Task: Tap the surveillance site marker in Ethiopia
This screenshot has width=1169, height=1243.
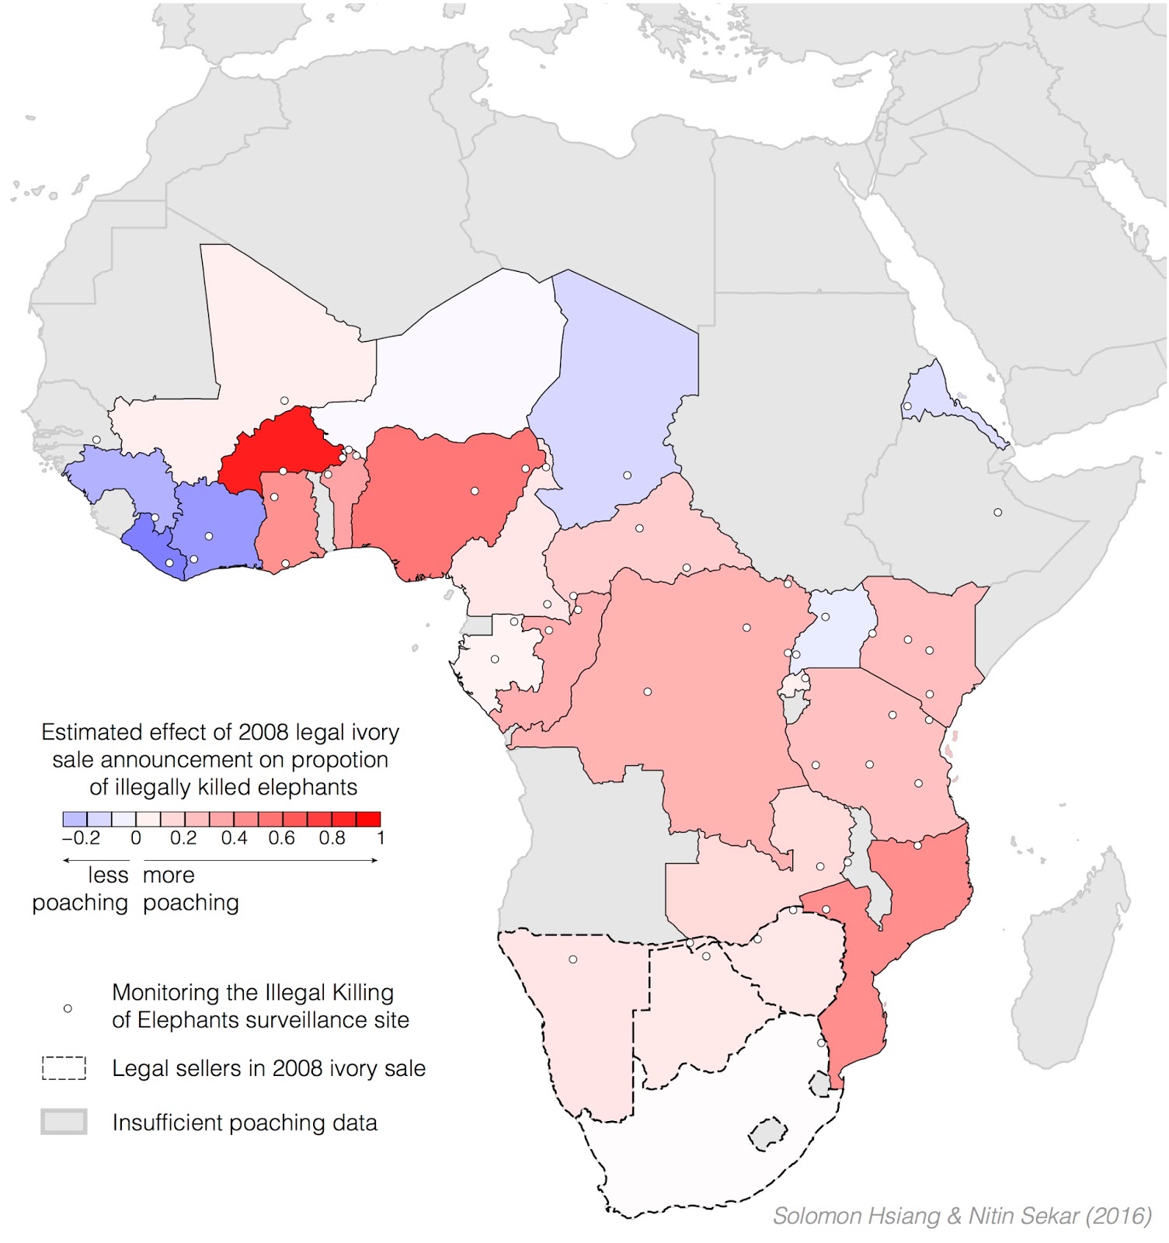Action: pos(997,512)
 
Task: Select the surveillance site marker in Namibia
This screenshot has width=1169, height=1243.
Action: pos(572,959)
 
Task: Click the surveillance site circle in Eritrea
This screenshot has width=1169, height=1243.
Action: pos(906,406)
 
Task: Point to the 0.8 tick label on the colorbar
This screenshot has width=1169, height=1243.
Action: pos(332,838)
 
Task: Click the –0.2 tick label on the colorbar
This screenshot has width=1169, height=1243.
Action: pos(81,838)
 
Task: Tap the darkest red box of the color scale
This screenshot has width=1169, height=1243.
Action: pos(368,819)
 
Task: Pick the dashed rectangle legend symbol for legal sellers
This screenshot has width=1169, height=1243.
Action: pos(64,1068)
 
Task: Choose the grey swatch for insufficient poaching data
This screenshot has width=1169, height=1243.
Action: pos(64,1122)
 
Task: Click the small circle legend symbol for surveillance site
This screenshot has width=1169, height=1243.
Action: pos(68,1008)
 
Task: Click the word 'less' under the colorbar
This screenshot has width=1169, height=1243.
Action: pos(108,876)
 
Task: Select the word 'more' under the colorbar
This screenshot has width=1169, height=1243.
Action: pos(169,876)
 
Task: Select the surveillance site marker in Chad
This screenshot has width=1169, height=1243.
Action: pos(627,475)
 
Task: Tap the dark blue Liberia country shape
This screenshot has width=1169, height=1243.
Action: pos(155,548)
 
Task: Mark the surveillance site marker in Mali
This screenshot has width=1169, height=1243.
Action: pos(284,401)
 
